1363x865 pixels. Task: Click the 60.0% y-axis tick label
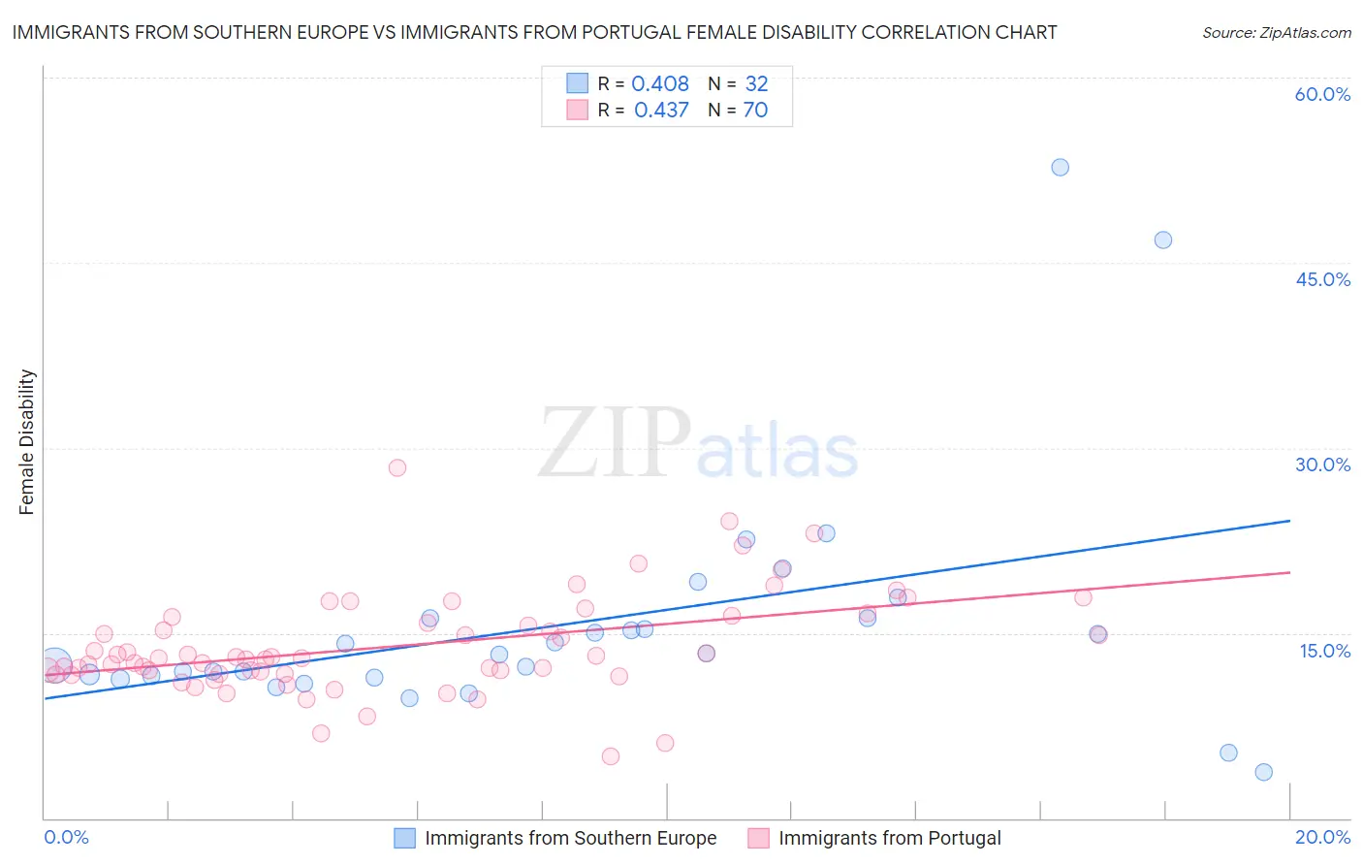point(1322,95)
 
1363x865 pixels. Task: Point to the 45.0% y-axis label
point(1322,280)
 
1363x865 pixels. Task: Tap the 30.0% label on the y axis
point(1322,465)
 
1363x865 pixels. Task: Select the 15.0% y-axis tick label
point(1324,651)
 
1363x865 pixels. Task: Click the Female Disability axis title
point(27,442)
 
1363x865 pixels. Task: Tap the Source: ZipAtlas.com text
point(1276,33)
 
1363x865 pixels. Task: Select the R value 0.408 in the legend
point(660,84)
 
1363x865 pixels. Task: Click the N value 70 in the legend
point(755,111)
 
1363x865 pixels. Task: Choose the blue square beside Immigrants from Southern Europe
point(404,838)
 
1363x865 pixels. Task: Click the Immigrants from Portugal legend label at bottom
point(889,838)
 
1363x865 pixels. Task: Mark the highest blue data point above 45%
point(1060,167)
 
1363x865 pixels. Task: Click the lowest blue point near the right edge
point(1263,772)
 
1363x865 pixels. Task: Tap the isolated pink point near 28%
point(396,467)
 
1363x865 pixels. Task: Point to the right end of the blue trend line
point(1289,521)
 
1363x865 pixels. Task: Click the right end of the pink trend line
point(1289,572)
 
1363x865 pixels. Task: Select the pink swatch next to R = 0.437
point(578,111)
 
